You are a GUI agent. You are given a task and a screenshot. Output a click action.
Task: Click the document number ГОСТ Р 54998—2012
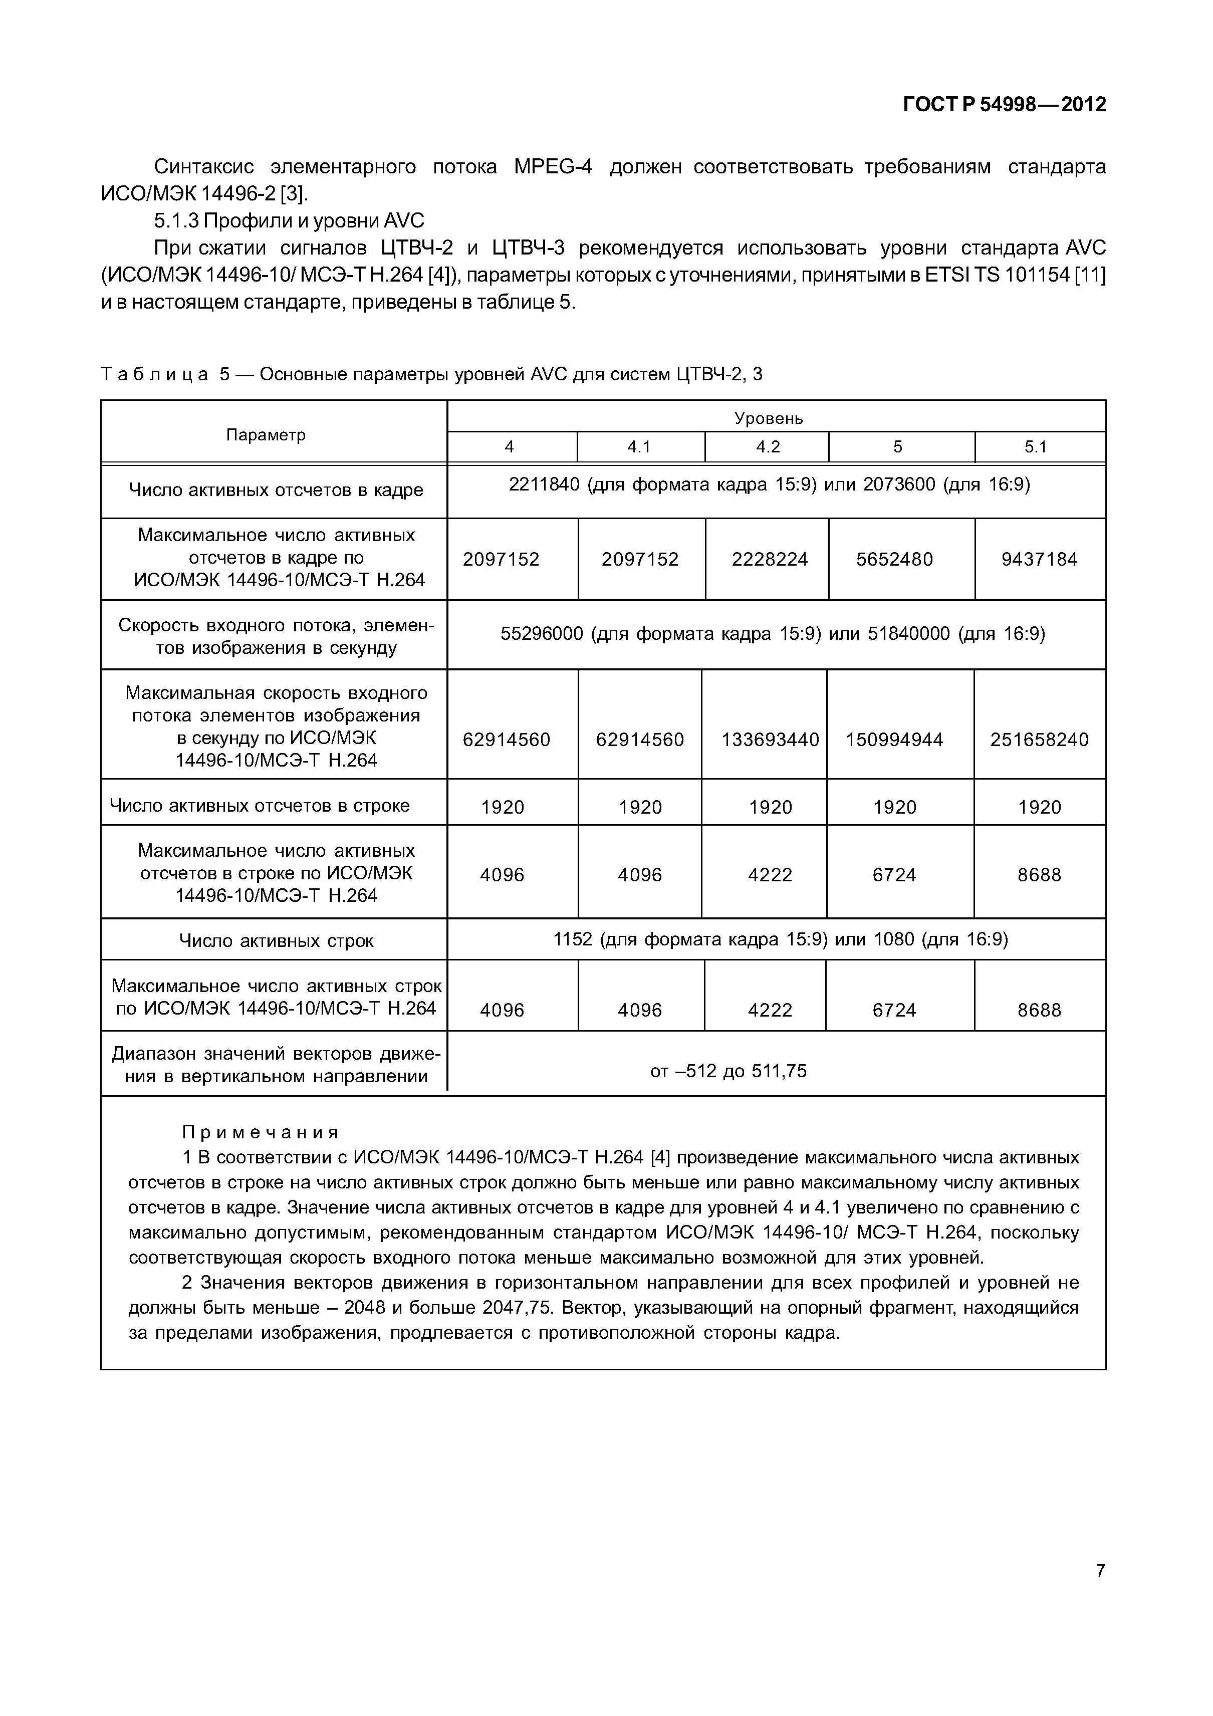tap(1005, 105)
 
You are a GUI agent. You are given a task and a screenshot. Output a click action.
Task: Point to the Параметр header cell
tap(266, 435)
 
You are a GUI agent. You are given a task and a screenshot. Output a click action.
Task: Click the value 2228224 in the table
tap(769, 559)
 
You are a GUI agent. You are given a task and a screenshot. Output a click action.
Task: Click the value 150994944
tap(895, 740)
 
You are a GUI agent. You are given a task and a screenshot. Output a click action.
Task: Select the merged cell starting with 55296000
tap(772, 634)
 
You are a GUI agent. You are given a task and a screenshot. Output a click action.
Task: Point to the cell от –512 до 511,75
tap(728, 1072)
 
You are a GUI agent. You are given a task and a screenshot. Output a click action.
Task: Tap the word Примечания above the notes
tap(261, 1132)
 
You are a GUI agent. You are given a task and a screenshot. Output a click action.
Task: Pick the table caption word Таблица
tap(154, 374)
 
